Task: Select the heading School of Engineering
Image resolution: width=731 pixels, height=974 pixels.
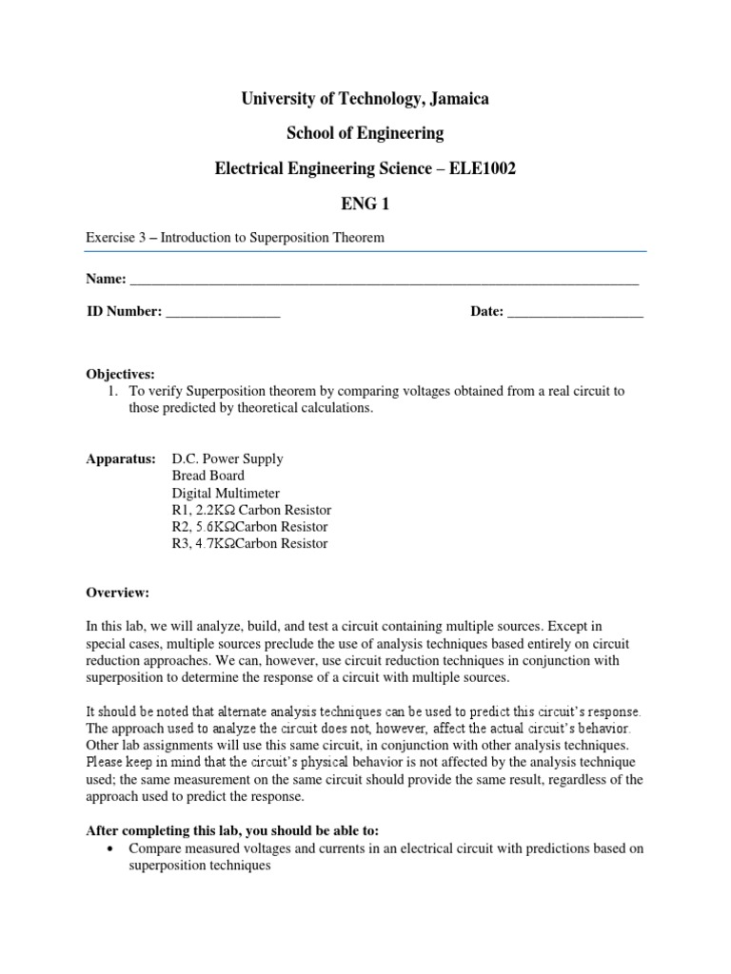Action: tap(366, 132)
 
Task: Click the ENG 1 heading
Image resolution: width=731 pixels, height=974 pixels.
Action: tap(366, 203)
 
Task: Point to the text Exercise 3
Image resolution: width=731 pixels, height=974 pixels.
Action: tap(116, 238)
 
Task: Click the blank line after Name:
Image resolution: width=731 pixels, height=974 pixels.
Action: tap(384, 281)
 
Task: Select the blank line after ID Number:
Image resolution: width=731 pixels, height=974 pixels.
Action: tap(223, 313)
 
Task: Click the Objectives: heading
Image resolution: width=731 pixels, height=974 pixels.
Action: tap(120, 375)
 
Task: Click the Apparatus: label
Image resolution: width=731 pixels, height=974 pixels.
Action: tap(121, 458)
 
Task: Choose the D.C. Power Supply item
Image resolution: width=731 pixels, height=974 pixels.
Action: tap(227, 458)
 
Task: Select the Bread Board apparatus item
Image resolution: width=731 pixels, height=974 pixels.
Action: tap(207, 476)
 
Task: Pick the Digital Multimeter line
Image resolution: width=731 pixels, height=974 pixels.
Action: tap(226, 493)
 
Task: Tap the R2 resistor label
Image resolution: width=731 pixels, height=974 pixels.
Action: tap(181, 527)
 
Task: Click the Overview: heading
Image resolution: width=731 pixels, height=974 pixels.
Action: tap(118, 592)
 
